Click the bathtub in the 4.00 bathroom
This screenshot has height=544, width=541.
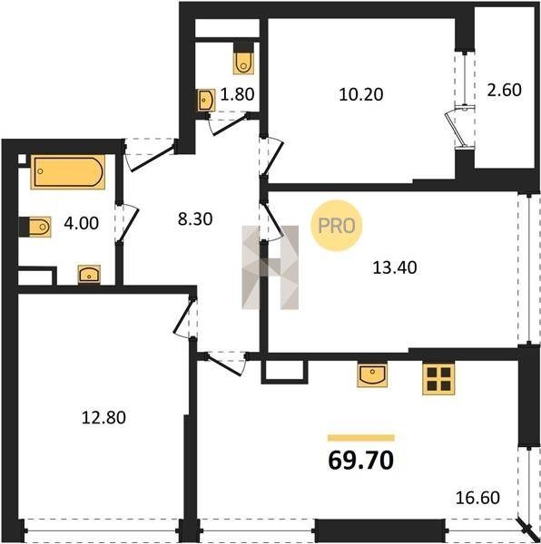(68, 171)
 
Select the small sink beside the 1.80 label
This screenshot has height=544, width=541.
(206, 101)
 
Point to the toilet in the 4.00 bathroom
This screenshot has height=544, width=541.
(35, 227)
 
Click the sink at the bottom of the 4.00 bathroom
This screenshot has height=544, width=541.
(89, 274)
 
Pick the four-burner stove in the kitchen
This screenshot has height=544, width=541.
(438, 379)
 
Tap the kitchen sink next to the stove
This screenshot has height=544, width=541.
(372, 375)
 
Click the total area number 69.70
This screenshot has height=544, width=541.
(360, 461)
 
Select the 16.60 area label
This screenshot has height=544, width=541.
(477, 498)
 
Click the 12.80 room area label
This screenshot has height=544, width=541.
(103, 417)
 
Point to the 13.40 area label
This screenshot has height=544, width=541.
(395, 267)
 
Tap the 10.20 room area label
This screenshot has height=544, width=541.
(361, 94)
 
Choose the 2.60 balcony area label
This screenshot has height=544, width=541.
(504, 90)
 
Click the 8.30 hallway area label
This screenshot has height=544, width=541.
(195, 219)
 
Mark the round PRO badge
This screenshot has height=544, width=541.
(337, 226)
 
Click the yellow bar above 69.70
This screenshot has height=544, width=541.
(361, 438)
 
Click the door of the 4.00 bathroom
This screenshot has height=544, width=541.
(128, 222)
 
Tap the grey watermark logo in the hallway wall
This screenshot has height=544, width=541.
(270, 267)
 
